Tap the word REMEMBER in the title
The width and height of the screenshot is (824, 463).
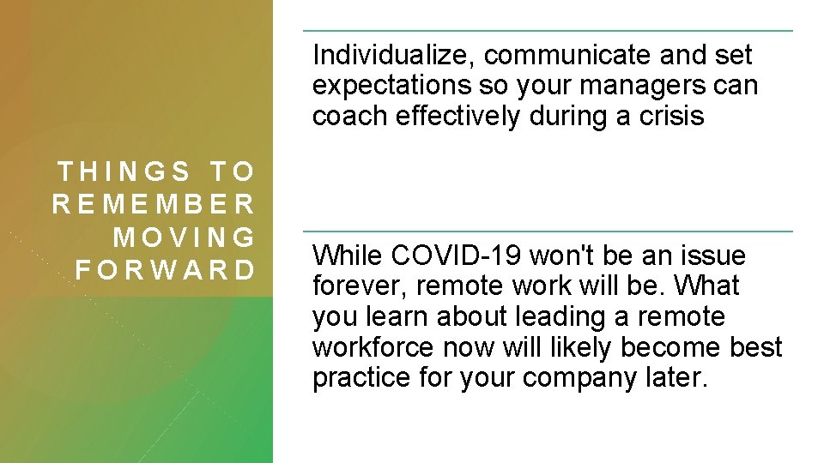[154, 204]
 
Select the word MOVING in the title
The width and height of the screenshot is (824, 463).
[185, 237]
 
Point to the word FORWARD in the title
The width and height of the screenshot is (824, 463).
[166, 269]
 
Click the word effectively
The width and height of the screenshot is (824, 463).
[454, 116]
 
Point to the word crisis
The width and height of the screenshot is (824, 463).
[672, 116]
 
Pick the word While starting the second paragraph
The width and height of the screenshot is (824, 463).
[348, 256]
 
